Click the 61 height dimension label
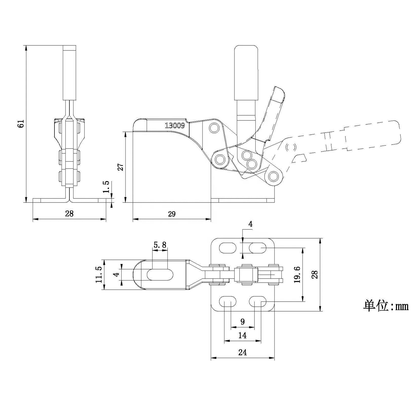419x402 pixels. pyautogui.click(x=21, y=124)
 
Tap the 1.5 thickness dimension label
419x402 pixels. pyautogui.click(x=106, y=187)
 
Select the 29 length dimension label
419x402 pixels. pyautogui.click(x=172, y=214)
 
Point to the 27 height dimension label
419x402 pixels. pyautogui.click(x=121, y=167)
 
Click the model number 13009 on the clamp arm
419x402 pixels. pyautogui.click(x=175, y=125)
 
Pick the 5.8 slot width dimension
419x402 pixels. pyautogui.click(x=160, y=245)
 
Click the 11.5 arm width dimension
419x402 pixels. pyautogui.click(x=99, y=275)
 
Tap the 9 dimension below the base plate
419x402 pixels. pyautogui.click(x=242, y=322)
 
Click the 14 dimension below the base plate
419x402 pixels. pyautogui.click(x=242, y=336)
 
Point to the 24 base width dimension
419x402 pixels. pyautogui.click(x=242, y=352)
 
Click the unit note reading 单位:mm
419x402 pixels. pyautogui.click(x=386, y=306)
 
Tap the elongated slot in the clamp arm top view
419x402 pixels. pyautogui.click(x=160, y=275)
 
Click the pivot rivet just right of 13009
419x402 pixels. pyautogui.click(x=214, y=128)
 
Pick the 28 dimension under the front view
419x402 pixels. pyautogui.click(x=69, y=214)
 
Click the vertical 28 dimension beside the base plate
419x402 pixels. pyautogui.click(x=314, y=275)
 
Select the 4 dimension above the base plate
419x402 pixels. pyautogui.click(x=250, y=224)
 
